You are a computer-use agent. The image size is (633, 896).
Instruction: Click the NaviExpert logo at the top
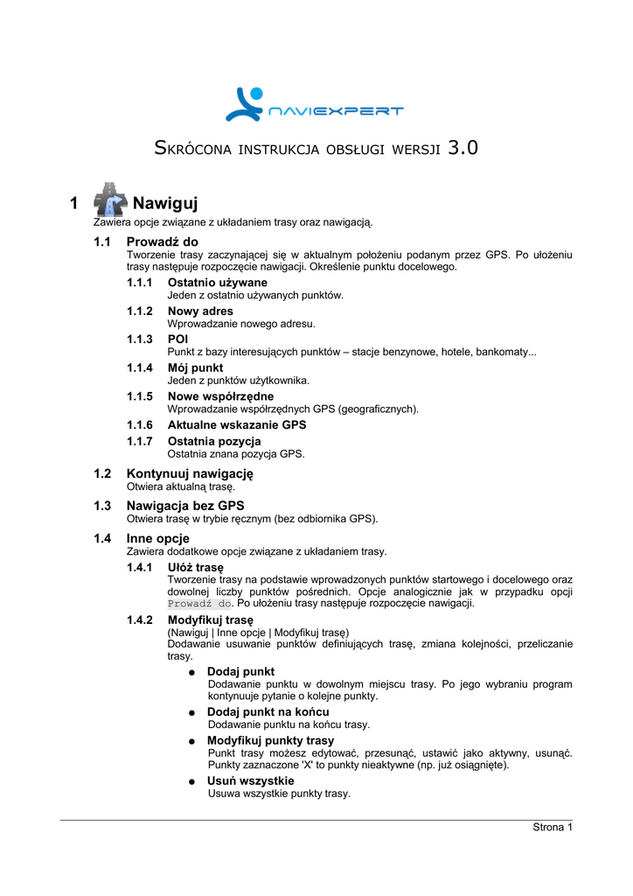315,105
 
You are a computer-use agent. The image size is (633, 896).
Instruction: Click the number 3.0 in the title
463,148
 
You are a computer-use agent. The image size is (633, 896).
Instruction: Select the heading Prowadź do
163,241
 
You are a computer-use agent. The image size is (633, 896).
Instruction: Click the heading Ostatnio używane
218,283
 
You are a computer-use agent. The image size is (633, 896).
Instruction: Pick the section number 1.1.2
140,311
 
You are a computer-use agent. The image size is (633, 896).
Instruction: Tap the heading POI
178,339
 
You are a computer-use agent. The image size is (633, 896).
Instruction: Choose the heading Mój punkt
196,367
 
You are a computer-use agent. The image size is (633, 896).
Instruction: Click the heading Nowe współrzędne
220,396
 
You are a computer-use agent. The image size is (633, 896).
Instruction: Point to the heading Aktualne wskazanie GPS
237,424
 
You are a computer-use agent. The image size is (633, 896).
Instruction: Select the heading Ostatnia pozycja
214,441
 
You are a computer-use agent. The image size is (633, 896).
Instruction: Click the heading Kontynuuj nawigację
190,473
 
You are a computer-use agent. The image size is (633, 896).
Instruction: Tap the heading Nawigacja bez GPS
185,506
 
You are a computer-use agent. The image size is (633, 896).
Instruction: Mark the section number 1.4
102,538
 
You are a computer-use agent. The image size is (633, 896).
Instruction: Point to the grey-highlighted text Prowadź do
199,604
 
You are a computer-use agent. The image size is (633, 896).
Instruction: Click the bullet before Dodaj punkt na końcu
191,713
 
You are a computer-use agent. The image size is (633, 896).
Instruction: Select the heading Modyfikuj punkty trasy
270,740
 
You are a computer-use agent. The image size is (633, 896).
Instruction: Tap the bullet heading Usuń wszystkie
250,780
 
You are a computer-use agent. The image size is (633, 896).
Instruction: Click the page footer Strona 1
553,828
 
